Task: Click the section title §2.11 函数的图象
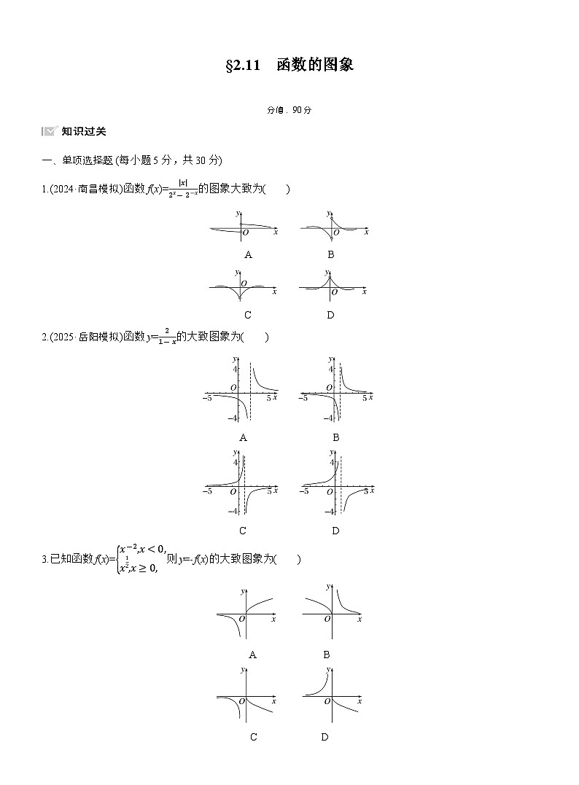(289, 66)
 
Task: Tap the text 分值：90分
(289, 110)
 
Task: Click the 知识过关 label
(84, 131)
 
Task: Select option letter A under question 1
(248, 254)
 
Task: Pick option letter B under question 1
(330, 254)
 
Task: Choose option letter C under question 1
(248, 315)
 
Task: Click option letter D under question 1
(330, 315)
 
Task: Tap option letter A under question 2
(243, 437)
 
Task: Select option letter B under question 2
(335, 437)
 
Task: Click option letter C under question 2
(243, 531)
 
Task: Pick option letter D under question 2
(335, 531)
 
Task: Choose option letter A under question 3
(252, 655)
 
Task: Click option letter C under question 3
(253, 737)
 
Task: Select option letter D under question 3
(325, 737)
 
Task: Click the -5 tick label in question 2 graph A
(207, 398)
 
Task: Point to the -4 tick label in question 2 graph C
(233, 512)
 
